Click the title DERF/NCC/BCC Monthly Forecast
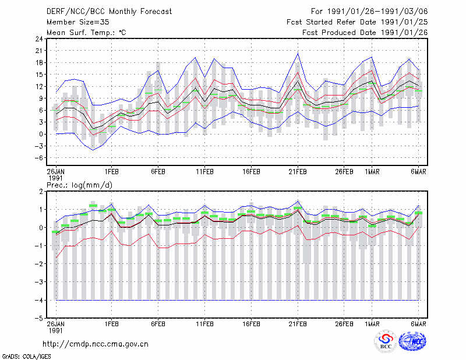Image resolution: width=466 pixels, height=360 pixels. pyautogui.click(x=109, y=12)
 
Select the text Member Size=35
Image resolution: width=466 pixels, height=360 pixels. pyautogui.click(x=78, y=22)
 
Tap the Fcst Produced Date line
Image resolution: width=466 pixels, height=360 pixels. pyautogui.click(x=365, y=33)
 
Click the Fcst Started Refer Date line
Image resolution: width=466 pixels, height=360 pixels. pyautogui.click(x=357, y=22)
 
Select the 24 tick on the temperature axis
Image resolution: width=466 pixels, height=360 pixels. pyautogui.click(x=39, y=39)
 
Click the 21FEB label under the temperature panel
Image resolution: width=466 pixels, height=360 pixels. pyautogui.click(x=298, y=172)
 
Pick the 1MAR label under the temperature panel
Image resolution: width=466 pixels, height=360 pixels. pyautogui.click(x=372, y=172)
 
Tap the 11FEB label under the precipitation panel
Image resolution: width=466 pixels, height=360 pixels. pyautogui.click(x=204, y=324)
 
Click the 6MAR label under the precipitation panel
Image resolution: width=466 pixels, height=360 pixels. pyautogui.click(x=418, y=324)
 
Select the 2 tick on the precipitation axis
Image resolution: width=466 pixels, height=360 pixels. pyautogui.click(x=41, y=192)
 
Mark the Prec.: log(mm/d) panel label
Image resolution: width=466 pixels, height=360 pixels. pyautogui.click(x=79, y=185)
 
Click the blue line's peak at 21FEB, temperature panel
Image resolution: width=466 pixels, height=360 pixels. pyautogui.click(x=298, y=53)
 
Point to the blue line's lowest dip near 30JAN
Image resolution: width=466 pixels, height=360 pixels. pyautogui.click(x=93, y=150)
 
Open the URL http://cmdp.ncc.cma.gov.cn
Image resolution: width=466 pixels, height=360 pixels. pyautogui.click(x=96, y=344)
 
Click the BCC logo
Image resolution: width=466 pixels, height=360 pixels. pyautogui.click(x=386, y=342)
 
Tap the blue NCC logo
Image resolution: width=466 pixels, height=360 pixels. pyautogui.click(x=412, y=341)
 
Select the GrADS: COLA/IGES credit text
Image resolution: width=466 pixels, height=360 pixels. pyautogui.click(x=26, y=357)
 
